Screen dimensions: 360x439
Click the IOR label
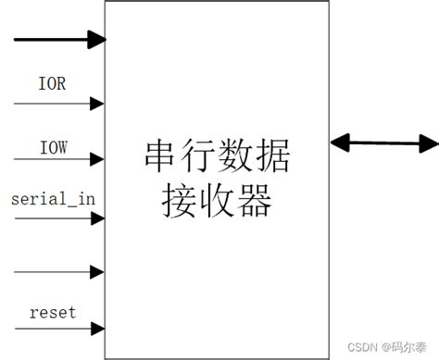(x=52, y=83)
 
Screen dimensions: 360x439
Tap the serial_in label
(x=52, y=198)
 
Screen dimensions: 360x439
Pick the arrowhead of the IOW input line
(x=97, y=158)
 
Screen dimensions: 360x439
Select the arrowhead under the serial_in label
(x=97, y=218)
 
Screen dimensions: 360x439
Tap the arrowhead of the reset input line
(x=97, y=329)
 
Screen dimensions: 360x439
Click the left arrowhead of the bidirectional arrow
(x=340, y=143)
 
